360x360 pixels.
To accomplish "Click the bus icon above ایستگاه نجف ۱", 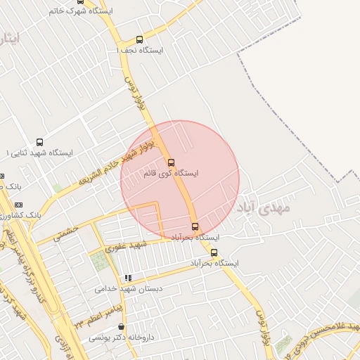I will pos(139,40).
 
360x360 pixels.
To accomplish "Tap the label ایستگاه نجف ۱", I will pos(140,51).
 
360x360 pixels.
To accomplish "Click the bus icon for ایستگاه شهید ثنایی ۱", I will pos(39,142).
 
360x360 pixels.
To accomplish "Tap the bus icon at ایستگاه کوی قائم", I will pos(171,162).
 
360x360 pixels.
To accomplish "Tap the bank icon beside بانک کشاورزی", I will pos(18,204).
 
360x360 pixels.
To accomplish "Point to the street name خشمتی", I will pos(63,231).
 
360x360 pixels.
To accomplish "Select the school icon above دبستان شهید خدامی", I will pos(128,278).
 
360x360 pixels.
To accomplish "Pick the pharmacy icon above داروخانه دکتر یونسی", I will pos(122,327).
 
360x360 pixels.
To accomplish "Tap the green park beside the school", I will pos(101,262).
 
